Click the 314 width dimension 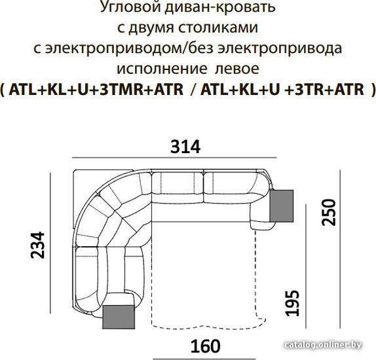click(185, 147)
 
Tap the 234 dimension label click(38, 245)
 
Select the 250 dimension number click(329, 212)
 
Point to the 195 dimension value click(292, 303)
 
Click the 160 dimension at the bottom click(205, 346)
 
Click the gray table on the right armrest click(282, 206)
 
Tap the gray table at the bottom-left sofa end click(119, 317)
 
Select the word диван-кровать click(220, 7)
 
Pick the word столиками click(218, 27)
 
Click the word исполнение click(162, 69)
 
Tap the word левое click(237, 69)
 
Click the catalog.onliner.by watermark click(323, 345)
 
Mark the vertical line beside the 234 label click(50, 243)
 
